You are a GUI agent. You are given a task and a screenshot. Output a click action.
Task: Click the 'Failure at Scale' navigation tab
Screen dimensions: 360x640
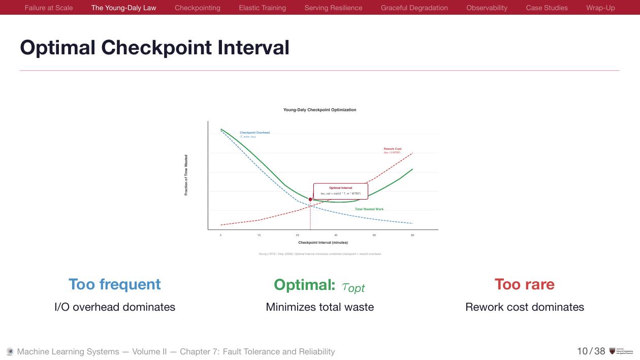pos(49,8)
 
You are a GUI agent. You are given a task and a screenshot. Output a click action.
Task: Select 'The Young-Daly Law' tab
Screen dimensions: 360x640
pos(124,8)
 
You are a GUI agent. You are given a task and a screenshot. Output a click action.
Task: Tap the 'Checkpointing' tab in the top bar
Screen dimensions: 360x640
pos(198,8)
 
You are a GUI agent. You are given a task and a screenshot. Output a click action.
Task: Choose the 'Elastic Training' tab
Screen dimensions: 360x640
pos(262,8)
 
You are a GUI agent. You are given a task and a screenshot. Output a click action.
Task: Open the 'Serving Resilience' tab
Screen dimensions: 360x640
pos(333,8)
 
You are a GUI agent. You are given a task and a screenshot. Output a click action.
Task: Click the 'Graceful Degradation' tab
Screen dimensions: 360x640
pos(414,8)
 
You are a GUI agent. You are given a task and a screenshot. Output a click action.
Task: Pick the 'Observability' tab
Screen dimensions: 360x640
pos(487,8)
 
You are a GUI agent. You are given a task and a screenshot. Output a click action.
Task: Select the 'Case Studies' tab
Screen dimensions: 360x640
pos(547,8)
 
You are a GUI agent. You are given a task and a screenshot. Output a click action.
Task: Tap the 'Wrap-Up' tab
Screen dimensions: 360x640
pos(600,8)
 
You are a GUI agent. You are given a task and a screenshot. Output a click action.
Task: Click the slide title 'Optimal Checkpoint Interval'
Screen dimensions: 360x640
pos(154,48)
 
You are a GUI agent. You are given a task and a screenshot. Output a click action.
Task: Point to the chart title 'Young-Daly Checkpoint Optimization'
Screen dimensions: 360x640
pos(319,110)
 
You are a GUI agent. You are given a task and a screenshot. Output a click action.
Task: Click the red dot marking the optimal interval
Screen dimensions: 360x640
pos(310,199)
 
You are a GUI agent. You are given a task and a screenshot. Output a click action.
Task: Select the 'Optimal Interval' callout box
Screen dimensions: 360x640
pos(340,191)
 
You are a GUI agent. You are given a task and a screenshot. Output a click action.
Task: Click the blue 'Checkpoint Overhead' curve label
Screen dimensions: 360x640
pos(254,133)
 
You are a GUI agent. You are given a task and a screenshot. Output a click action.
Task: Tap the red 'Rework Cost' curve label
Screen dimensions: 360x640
pos(392,149)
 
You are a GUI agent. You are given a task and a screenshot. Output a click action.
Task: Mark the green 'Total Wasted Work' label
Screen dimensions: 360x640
pos(369,209)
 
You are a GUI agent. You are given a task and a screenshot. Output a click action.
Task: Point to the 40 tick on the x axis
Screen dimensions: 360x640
pos(336,235)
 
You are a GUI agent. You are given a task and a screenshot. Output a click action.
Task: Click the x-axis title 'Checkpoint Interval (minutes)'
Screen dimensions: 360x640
pos(323,243)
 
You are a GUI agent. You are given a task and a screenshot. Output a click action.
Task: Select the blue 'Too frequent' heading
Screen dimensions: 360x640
pos(115,284)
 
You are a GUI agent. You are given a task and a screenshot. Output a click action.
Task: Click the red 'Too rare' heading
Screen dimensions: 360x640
pos(524,284)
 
